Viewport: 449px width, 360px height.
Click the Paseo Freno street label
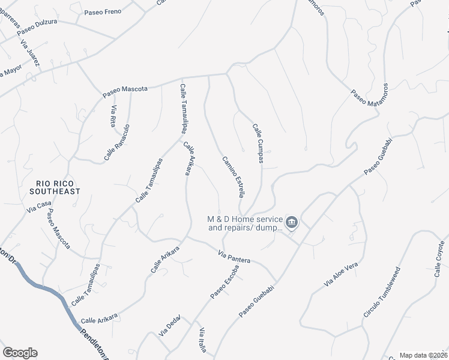tap(103, 11)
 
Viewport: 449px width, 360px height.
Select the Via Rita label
tap(112, 116)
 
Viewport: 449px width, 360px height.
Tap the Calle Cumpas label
tap(258, 143)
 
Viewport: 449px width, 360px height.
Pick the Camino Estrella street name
tap(233, 176)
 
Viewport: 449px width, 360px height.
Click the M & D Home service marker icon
tap(292, 223)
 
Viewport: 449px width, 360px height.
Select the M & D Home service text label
tap(245, 224)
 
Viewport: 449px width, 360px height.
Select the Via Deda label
tap(170, 326)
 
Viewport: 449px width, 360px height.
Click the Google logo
tap(20, 353)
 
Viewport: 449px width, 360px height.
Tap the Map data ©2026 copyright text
tap(423, 355)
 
